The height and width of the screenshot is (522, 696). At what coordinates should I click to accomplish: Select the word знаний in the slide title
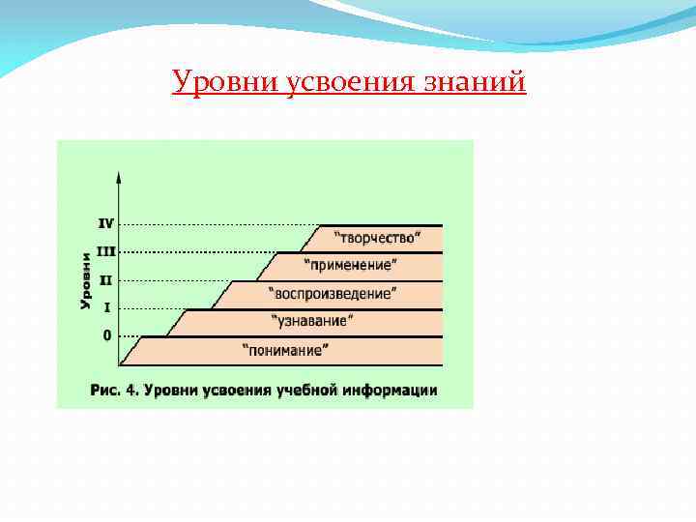(x=475, y=82)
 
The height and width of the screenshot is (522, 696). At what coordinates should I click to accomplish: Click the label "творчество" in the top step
(x=380, y=236)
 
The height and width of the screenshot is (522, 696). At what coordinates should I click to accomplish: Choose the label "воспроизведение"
(x=332, y=292)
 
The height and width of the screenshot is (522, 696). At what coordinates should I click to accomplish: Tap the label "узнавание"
(x=312, y=320)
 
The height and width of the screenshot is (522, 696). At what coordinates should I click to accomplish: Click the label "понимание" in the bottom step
(x=285, y=349)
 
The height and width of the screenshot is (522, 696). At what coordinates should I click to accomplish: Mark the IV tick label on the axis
(x=106, y=222)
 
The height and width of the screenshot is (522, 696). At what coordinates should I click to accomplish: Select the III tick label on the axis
(x=106, y=251)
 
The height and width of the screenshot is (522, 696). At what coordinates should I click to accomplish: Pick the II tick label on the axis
(x=106, y=279)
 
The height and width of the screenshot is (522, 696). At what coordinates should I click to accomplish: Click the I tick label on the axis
(x=106, y=307)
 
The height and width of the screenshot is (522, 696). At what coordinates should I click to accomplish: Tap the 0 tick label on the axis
(x=106, y=335)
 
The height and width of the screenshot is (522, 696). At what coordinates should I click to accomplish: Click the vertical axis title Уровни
(x=85, y=280)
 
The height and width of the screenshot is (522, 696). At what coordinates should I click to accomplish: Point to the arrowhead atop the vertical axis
(x=119, y=178)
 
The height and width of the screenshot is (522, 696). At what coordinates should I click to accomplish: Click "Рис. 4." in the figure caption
(x=117, y=391)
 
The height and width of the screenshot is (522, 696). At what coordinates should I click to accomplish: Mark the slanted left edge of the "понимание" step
(x=131, y=351)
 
